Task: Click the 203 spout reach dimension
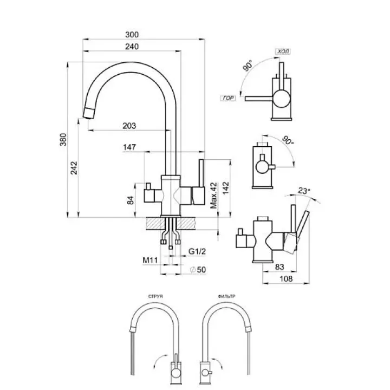tap(129, 126)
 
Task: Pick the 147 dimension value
tap(129, 147)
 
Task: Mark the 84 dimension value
tap(130, 200)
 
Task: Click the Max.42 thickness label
tap(214, 195)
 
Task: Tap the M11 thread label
tap(149, 261)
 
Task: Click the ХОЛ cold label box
tap(283, 51)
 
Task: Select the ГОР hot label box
tap(228, 98)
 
